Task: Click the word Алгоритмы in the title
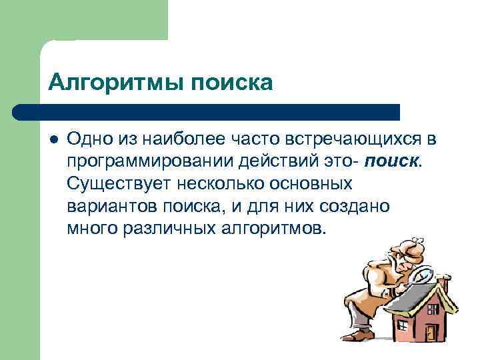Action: pos(117,83)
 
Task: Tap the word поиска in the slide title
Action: pos(233,83)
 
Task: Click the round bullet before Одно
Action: pos(54,139)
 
